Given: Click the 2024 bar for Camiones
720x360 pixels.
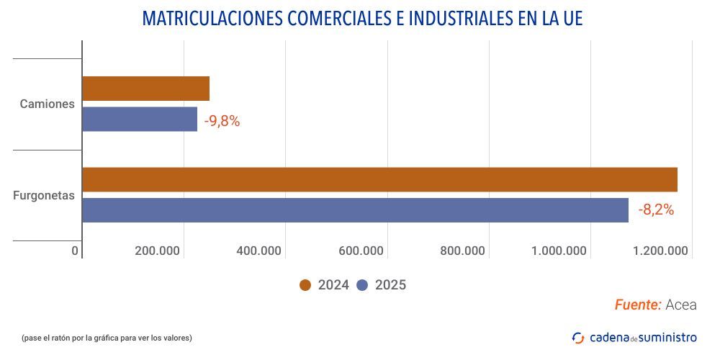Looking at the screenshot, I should point(145,89).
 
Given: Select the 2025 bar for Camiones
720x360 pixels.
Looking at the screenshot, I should point(140,120).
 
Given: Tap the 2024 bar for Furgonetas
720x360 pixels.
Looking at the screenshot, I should point(379,179).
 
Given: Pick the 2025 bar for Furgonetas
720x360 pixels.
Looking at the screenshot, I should point(355,210).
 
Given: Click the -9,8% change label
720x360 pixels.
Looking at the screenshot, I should point(222,121).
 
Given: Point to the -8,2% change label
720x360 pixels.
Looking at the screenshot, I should point(655,210).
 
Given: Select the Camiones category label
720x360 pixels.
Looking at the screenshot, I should point(47,104).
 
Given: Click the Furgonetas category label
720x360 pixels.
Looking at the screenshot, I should point(44,195).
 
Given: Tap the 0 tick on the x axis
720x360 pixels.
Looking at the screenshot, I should point(75,251).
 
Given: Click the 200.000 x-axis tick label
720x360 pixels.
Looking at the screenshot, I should point(157,251).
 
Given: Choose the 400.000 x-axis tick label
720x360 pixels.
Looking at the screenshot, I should point(258,251).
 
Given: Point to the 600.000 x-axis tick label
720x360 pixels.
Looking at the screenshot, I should point(361,251).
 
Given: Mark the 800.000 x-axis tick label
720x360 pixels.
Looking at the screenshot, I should point(462,251).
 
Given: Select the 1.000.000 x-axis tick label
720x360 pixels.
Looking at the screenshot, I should point(559,251).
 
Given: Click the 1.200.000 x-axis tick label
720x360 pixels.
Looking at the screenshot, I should point(660,251).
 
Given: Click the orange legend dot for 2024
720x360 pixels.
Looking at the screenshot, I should point(305,285).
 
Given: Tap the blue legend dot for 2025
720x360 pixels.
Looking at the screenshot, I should point(362,285).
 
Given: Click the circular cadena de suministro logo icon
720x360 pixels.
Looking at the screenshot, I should point(578,337).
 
